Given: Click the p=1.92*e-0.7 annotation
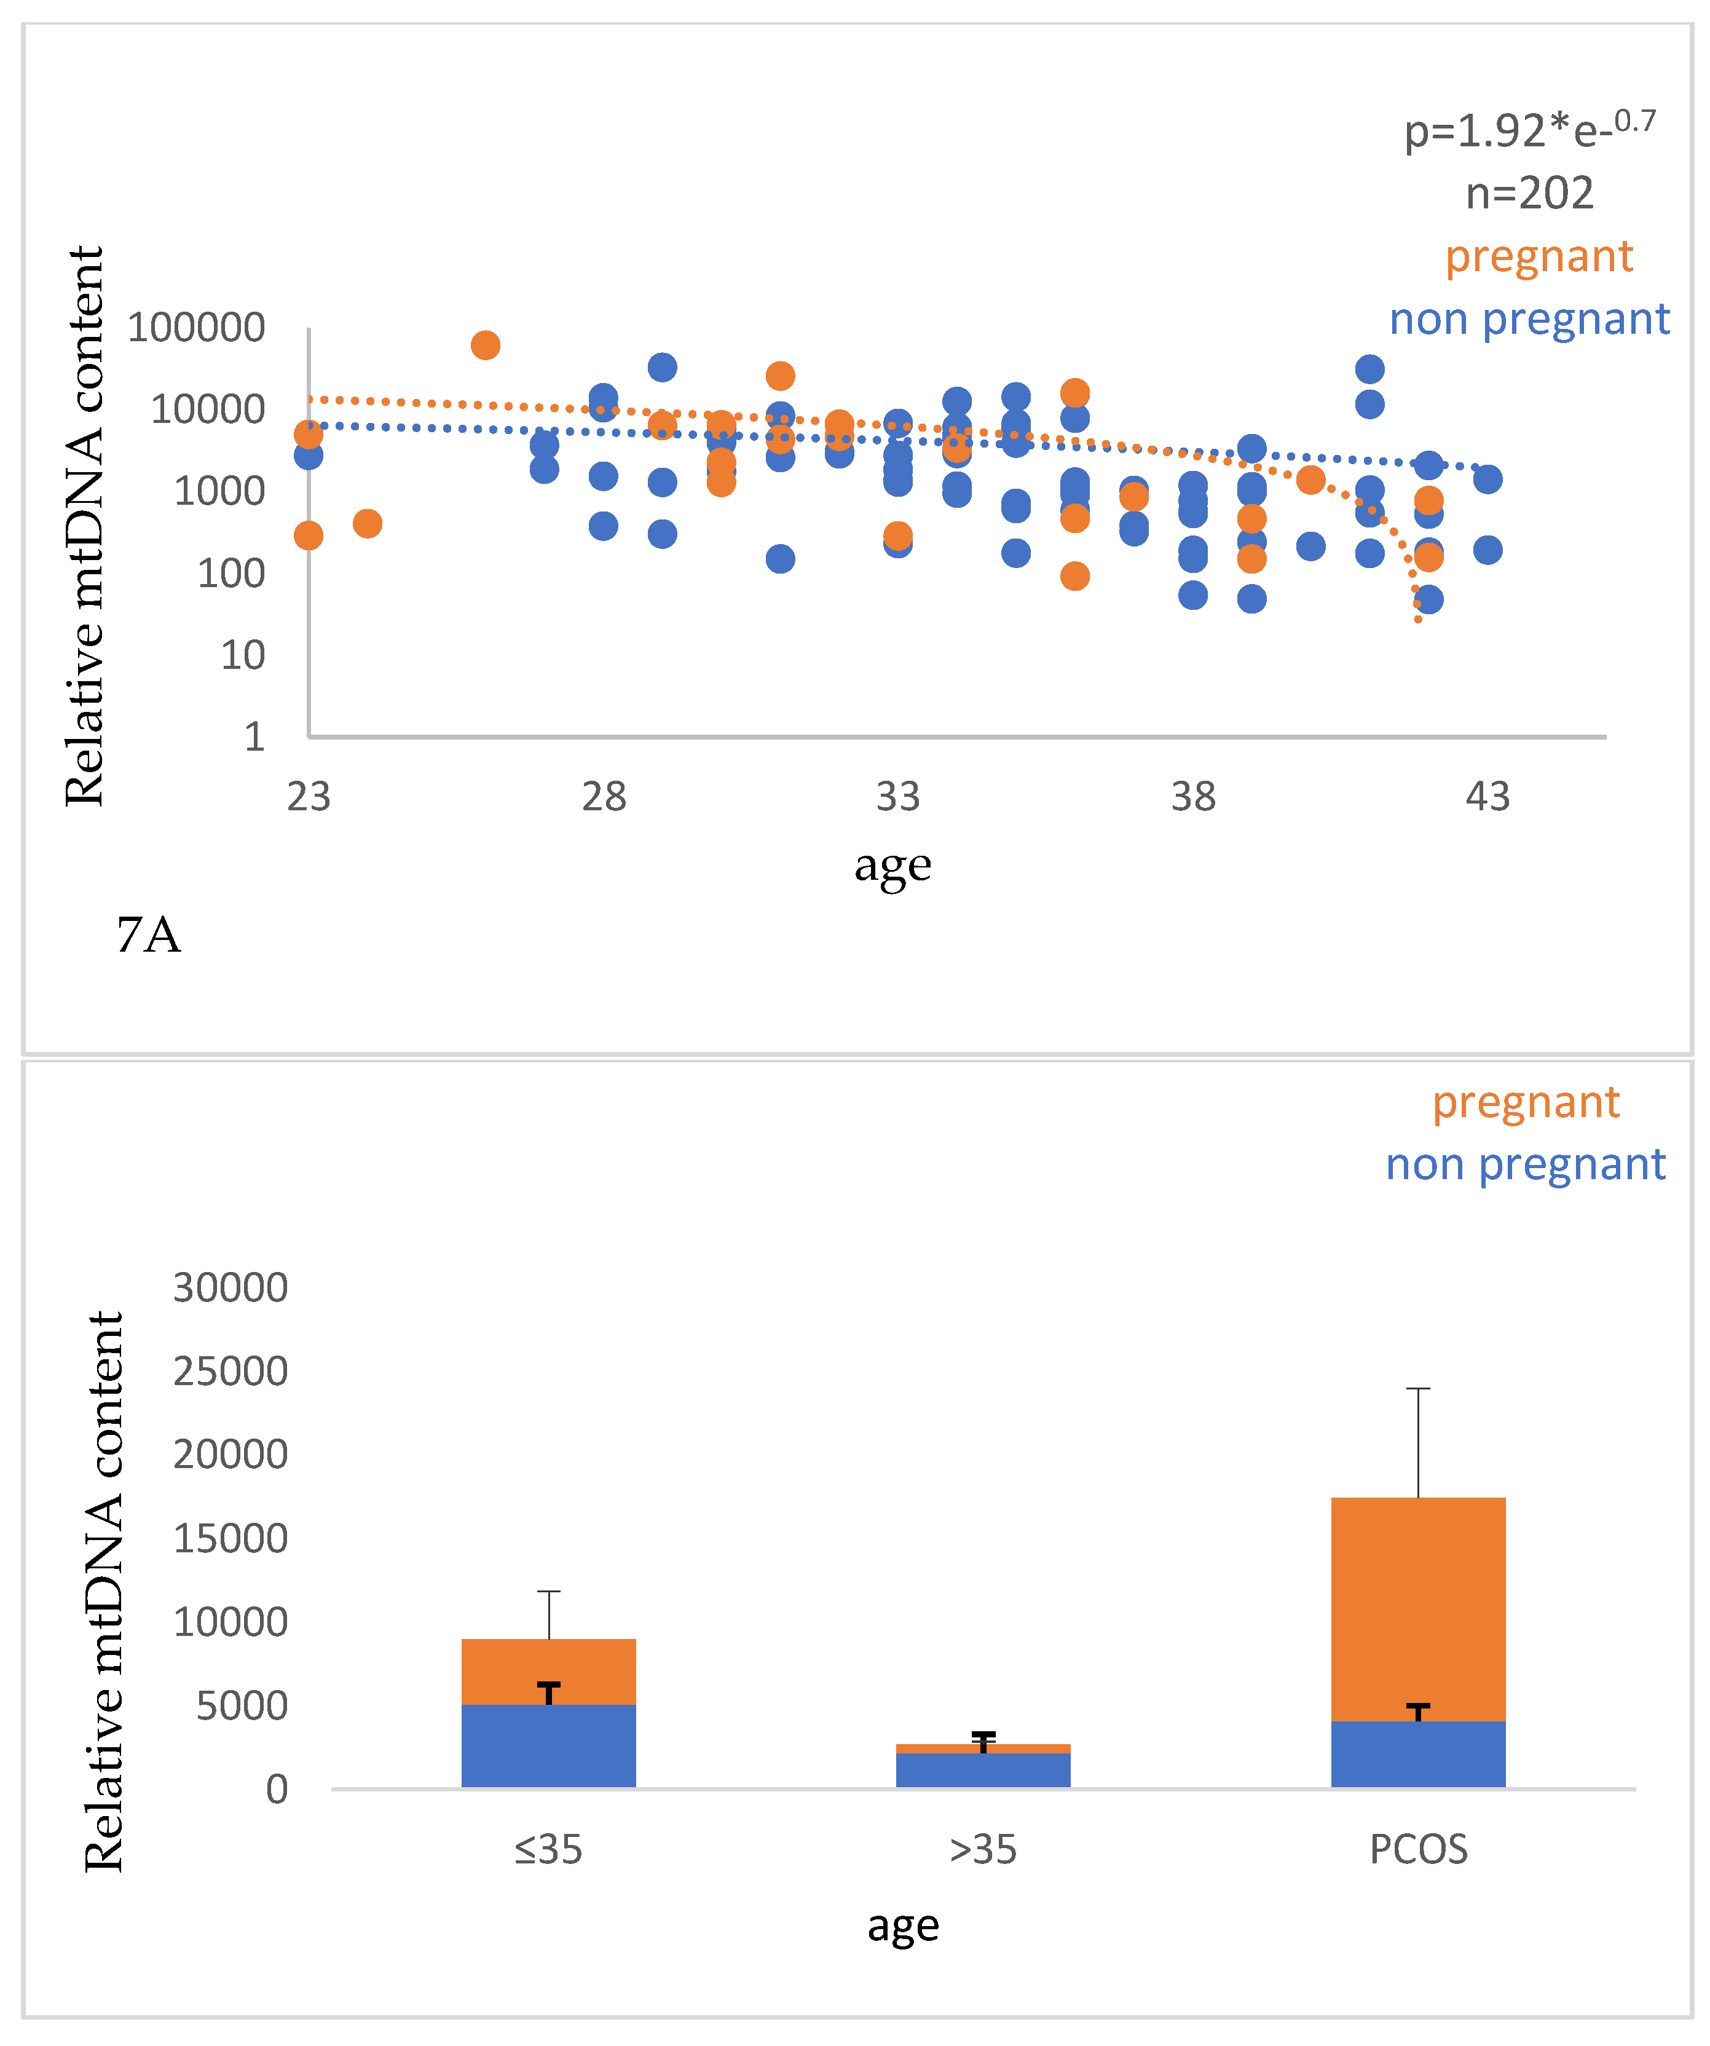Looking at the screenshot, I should pos(1528,130).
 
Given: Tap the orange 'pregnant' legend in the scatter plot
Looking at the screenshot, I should pos(1537,256).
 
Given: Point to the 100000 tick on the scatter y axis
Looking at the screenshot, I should pos(196,326).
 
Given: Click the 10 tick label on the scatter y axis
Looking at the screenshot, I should pos(243,655).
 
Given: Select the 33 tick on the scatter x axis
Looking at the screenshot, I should pos(897,797).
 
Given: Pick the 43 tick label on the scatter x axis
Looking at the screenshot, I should pos(1487,797).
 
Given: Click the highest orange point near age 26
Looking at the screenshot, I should pos(485,345).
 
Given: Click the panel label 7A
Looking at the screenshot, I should pos(148,935).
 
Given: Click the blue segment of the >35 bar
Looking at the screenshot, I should pos(983,1771).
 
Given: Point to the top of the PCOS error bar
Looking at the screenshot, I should pos(1417,1388).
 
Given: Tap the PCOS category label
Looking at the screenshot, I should pos(1417,1849).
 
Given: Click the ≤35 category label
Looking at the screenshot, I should pos(548,1849).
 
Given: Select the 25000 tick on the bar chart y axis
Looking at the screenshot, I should pos(230,1372).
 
